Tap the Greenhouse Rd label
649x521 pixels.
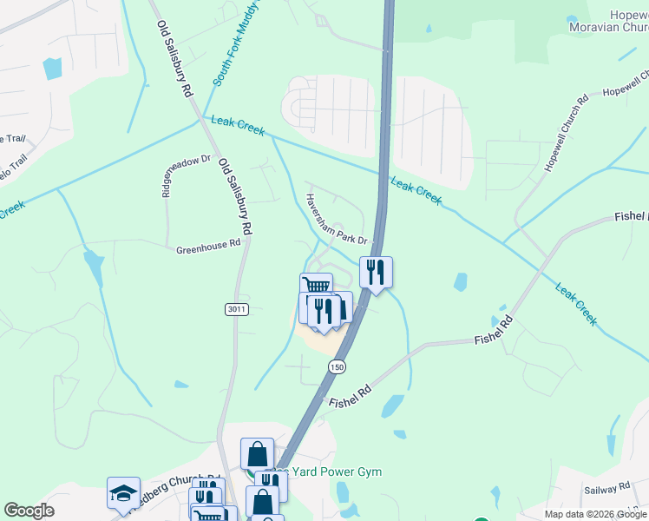click(207, 247)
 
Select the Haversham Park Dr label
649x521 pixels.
click(336, 218)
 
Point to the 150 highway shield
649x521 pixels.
click(337, 367)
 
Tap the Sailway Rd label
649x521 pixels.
click(606, 490)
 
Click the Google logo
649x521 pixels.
click(29, 511)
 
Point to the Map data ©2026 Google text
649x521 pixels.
click(596, 514)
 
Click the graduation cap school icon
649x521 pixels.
click(123, 493)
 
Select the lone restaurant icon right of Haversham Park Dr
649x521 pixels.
click(376, 272)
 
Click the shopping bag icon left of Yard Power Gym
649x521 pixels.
click(257, 454)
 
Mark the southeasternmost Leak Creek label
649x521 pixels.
click(576, 305)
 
